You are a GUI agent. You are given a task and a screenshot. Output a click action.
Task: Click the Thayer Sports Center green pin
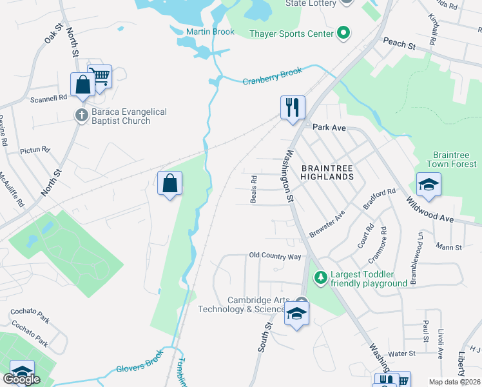pos(343,34)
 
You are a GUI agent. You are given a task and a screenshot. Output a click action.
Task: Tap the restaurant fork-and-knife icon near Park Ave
pos(293,106)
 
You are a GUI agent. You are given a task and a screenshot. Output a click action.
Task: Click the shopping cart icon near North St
pos(100,76)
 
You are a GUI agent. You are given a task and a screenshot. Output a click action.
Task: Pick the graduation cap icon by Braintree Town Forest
pos(429,184)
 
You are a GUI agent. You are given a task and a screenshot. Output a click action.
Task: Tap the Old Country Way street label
pos(275,257)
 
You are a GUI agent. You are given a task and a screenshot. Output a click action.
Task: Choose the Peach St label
pos(399,43)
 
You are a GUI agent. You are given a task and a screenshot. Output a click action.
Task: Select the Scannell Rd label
pos(48,99)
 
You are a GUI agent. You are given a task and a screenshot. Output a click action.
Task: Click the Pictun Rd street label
pos(35,150)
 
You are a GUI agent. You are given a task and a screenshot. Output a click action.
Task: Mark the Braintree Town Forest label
pos(455,159)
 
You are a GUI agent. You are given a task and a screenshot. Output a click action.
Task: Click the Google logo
pos(21,379)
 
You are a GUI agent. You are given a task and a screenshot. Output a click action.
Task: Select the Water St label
pos(401,353)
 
